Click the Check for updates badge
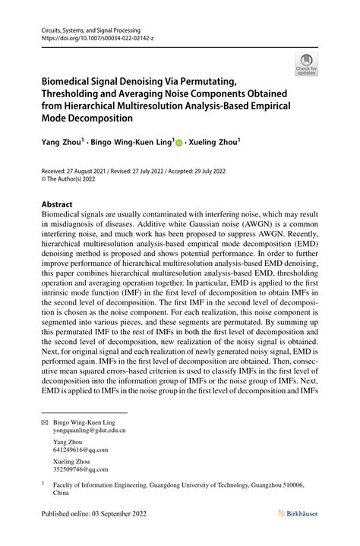(x=305, y=65)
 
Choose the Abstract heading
(x=56, y=204)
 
